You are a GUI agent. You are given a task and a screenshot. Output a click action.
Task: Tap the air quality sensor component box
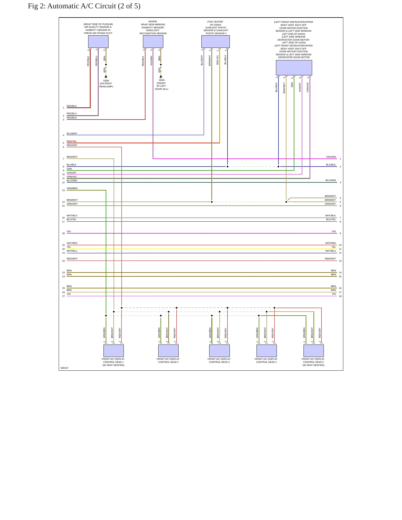[98, 42]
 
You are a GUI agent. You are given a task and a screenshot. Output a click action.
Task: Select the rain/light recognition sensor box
[153, 42]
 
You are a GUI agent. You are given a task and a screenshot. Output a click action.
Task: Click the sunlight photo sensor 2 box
[216, 42]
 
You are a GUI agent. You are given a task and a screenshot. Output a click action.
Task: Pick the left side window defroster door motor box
[294, 68]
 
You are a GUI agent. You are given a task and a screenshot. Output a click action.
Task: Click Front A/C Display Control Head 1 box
[114, 351]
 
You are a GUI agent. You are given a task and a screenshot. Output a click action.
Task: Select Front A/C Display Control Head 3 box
[220, 351]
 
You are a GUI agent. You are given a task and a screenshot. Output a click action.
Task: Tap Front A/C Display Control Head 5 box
[314, 351]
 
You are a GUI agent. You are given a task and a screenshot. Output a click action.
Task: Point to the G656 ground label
[106, 81]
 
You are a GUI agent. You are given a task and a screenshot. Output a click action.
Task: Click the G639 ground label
[161, 80]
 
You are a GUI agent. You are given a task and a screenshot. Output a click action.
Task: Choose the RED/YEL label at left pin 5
[71, 141]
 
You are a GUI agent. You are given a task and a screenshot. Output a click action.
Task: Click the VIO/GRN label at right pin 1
[331, 157]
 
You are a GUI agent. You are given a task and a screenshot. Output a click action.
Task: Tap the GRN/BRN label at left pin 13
[72, 188]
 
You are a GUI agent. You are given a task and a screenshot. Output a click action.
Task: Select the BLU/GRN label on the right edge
[331, 180]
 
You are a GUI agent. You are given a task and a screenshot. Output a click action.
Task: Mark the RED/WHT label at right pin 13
[330, 259]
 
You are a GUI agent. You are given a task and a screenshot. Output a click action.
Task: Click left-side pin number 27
[63, 296]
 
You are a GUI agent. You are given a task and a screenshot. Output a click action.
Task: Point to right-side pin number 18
[340, 296]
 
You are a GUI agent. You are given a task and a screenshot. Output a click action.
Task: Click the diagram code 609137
[65, 368]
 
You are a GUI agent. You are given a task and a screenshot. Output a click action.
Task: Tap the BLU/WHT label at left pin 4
[72, 133]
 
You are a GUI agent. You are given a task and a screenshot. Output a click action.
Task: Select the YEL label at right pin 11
[334, 247]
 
